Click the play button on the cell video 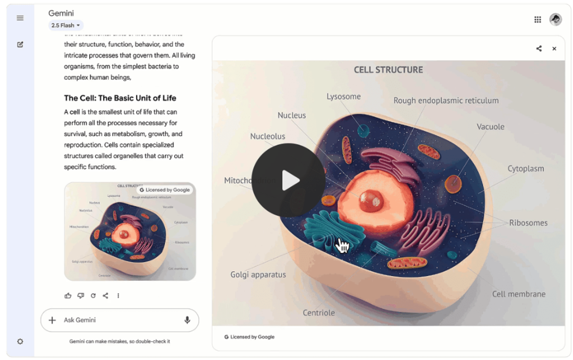click(288, 180)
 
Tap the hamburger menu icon click(20, 18)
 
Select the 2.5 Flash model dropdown click(66, 25)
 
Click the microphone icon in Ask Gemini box click(187, 320)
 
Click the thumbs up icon click(68, 296)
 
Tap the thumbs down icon click(81, 296)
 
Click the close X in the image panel click(554, 49)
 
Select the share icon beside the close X click(539, 49)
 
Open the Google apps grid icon click(538, 20)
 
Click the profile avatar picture click(555, 20)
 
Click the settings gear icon click(20, 341)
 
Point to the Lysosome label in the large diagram click(343, 96)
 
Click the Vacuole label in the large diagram click(490, 127)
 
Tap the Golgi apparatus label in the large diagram click(258, 275)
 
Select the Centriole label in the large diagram click(318, 313)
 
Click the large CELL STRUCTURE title click(388, 70)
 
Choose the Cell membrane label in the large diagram click(519, 294)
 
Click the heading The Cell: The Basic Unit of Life click(120, 98)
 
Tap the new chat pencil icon click(20, 44)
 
